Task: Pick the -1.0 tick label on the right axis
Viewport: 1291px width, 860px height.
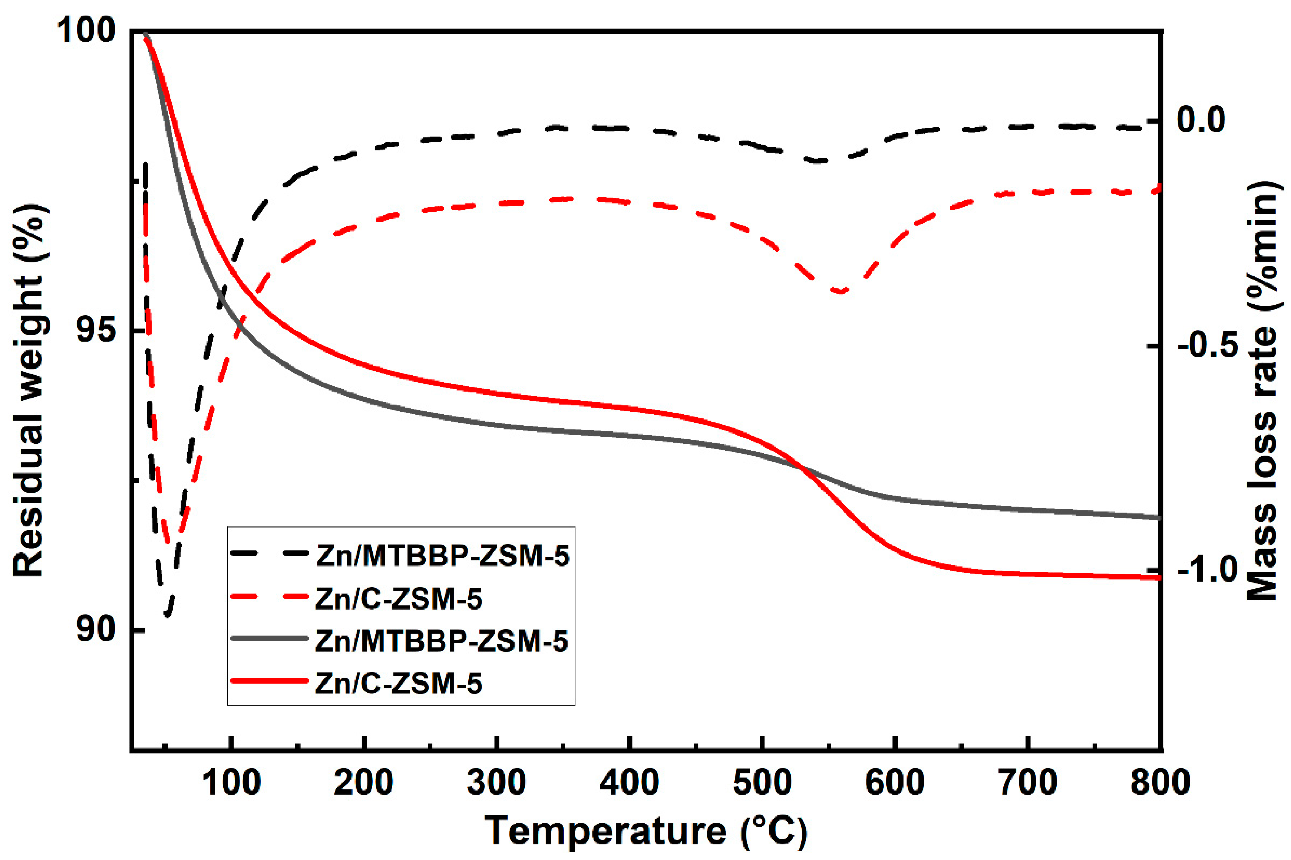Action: coord(1208,571)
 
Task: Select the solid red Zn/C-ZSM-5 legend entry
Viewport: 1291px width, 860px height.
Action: coord(357,683)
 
